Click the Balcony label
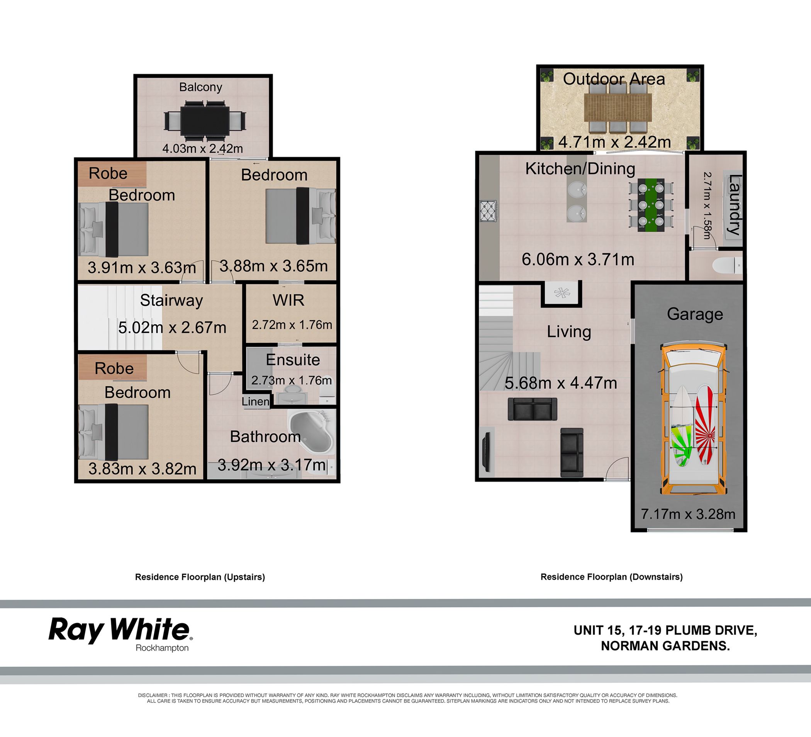pos(200,87)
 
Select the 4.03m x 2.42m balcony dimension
pos(202,148)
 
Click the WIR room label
pos(288,300)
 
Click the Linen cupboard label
pos(255,401)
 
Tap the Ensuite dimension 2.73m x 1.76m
pos(292,380)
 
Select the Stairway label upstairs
pos(171,301)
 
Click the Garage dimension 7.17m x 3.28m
pos(688,514)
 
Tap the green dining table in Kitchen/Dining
pos(650,205)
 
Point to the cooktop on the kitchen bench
pos(489,211)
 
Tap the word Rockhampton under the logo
pos(162,648)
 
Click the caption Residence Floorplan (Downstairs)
pos(611,577)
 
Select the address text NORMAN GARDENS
pos(665,646)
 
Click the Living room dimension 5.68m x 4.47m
pos(561,383)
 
